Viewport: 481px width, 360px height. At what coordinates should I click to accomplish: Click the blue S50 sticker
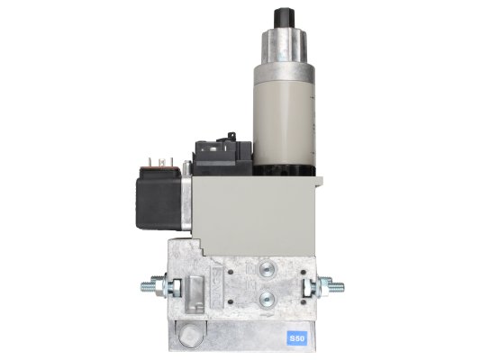296,338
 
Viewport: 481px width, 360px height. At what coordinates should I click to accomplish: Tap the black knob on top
284,19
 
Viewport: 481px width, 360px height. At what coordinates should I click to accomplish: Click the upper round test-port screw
267,270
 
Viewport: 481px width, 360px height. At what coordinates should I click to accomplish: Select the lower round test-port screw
267,298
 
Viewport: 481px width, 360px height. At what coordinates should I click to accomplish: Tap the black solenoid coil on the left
159,203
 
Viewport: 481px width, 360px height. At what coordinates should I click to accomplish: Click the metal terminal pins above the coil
160,162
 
